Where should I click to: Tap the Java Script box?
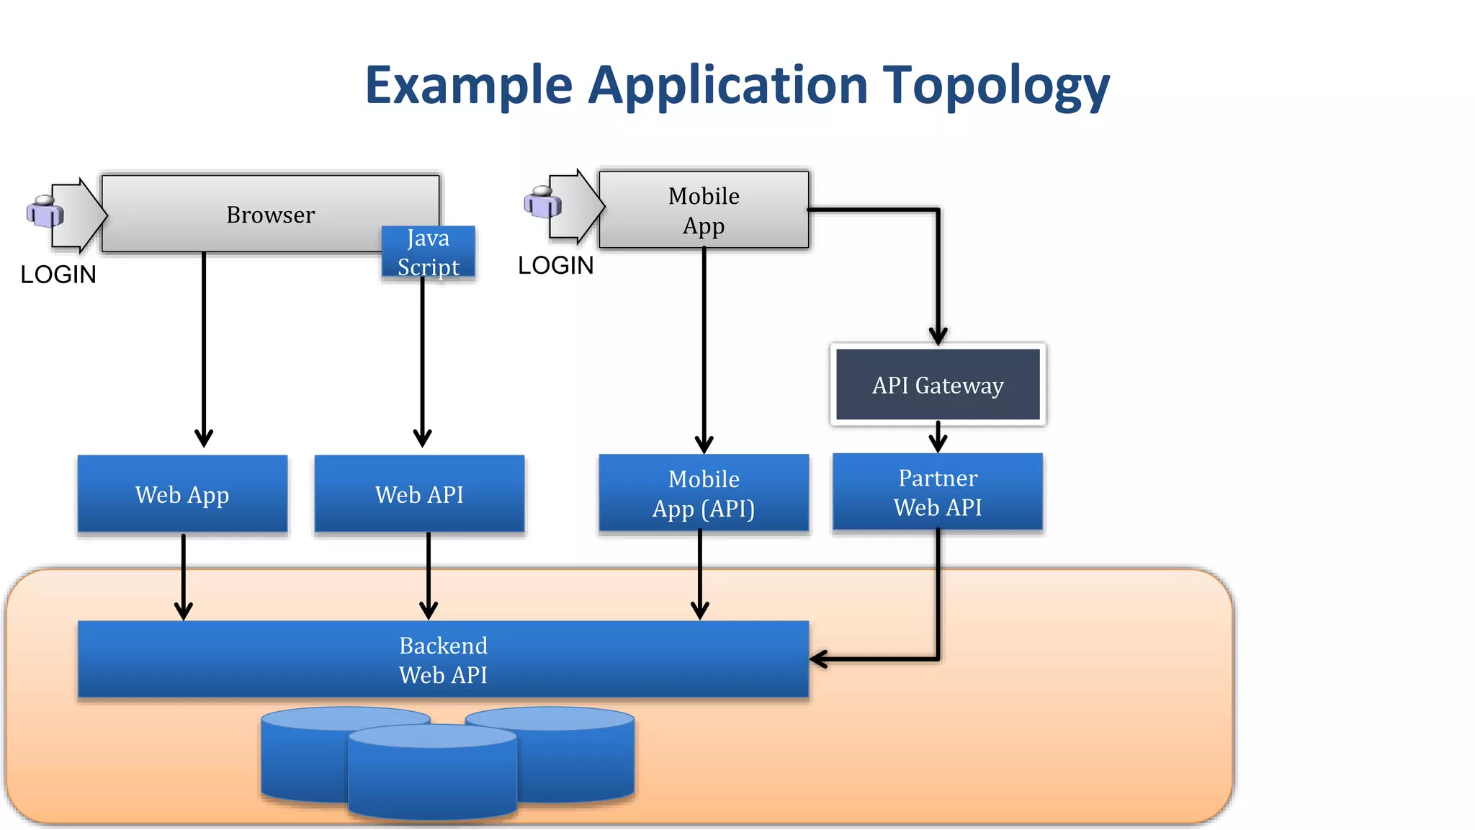(x=428, y=252)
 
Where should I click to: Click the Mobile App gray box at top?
(x=704, y=210)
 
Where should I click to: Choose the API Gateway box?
(x=938, y=385)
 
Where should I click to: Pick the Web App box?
(x=182, y=494)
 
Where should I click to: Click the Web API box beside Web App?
(x=419, y=494)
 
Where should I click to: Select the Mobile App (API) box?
(x=704, y=494)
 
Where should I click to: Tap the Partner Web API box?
(x=938, y=493)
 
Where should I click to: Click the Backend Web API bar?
(x=443, y=659)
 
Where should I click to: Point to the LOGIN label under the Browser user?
(x=58, y=275)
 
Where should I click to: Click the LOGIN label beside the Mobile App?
(x=555, y=265)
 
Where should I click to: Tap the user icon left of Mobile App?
(x=542, y=202)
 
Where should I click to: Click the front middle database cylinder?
(x=432, y=775)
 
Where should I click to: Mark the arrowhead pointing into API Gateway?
(x=938, y=336)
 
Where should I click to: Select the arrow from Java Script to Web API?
(x=423, y=360)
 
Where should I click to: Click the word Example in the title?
(x=468, y=85)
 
